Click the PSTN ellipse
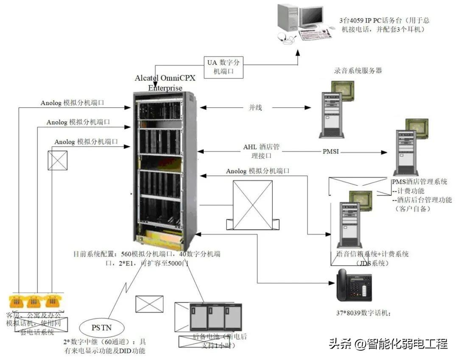tap(102, 327)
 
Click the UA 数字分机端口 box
tap(223, 67)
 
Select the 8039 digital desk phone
tap(354, 285)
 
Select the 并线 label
tap(255, 108)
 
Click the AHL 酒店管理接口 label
tap(261, 151)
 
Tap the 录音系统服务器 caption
tap(357, 70)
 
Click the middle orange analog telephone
tap(34, 301)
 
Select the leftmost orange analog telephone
tap(16, 301)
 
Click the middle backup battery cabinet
tap(216, 317)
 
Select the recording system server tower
tap(331, 115)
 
